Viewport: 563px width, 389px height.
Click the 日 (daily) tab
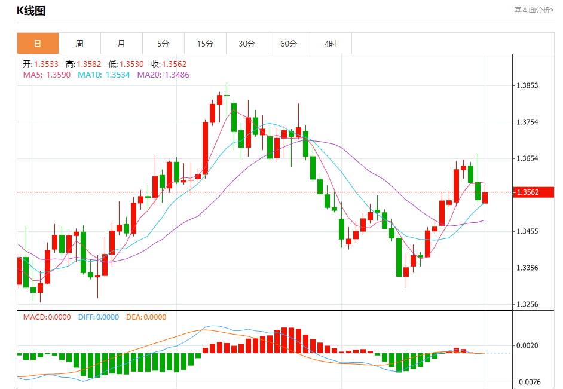tap(38, 44)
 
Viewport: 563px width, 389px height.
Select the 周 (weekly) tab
tap(79, 44)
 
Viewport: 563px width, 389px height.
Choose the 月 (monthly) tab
tap(121, 44)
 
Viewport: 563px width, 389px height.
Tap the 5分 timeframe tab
tap(163, 44)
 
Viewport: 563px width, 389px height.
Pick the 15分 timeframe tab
tap(205, 44)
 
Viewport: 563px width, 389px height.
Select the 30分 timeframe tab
tap(247, 44)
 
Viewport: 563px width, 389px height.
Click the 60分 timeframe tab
tap(289, 44)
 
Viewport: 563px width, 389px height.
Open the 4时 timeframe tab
tap(331, 44)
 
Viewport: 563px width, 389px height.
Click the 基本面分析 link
tap(534, 10)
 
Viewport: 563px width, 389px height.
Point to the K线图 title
tap(31, 11)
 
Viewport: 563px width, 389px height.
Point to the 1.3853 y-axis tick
tap(528, 85)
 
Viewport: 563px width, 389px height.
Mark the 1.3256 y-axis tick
tap(528, 304)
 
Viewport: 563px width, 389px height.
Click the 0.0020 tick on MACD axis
tap(528, 345)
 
